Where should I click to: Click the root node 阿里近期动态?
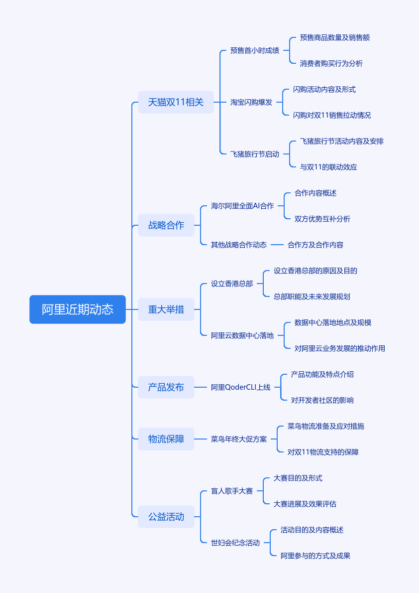point(78,309)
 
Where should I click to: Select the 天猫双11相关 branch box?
point(176,102)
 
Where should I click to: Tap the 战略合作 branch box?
point(166,225)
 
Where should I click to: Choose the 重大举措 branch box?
point(166,309)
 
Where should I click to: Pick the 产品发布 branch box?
point(166,387)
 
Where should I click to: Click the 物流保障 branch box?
point(166,439)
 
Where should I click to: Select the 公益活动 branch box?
point(166,517)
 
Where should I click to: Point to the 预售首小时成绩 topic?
point(255,50)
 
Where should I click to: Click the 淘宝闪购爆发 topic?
point(251,102)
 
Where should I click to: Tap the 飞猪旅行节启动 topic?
point(255,154)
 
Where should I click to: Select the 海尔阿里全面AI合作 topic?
point(242,206)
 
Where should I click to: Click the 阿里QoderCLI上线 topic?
point(241,387)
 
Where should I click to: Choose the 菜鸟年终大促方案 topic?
point(239,439)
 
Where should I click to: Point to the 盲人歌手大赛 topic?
point(232,491)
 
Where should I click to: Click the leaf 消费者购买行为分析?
point(331,63)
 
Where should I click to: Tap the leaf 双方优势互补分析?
point(322,219)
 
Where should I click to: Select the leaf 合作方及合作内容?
point(315,245)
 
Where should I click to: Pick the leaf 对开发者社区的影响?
point(322,400)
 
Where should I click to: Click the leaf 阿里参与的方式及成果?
point(315,556)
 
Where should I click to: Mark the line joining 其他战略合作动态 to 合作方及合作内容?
point(277,245)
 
